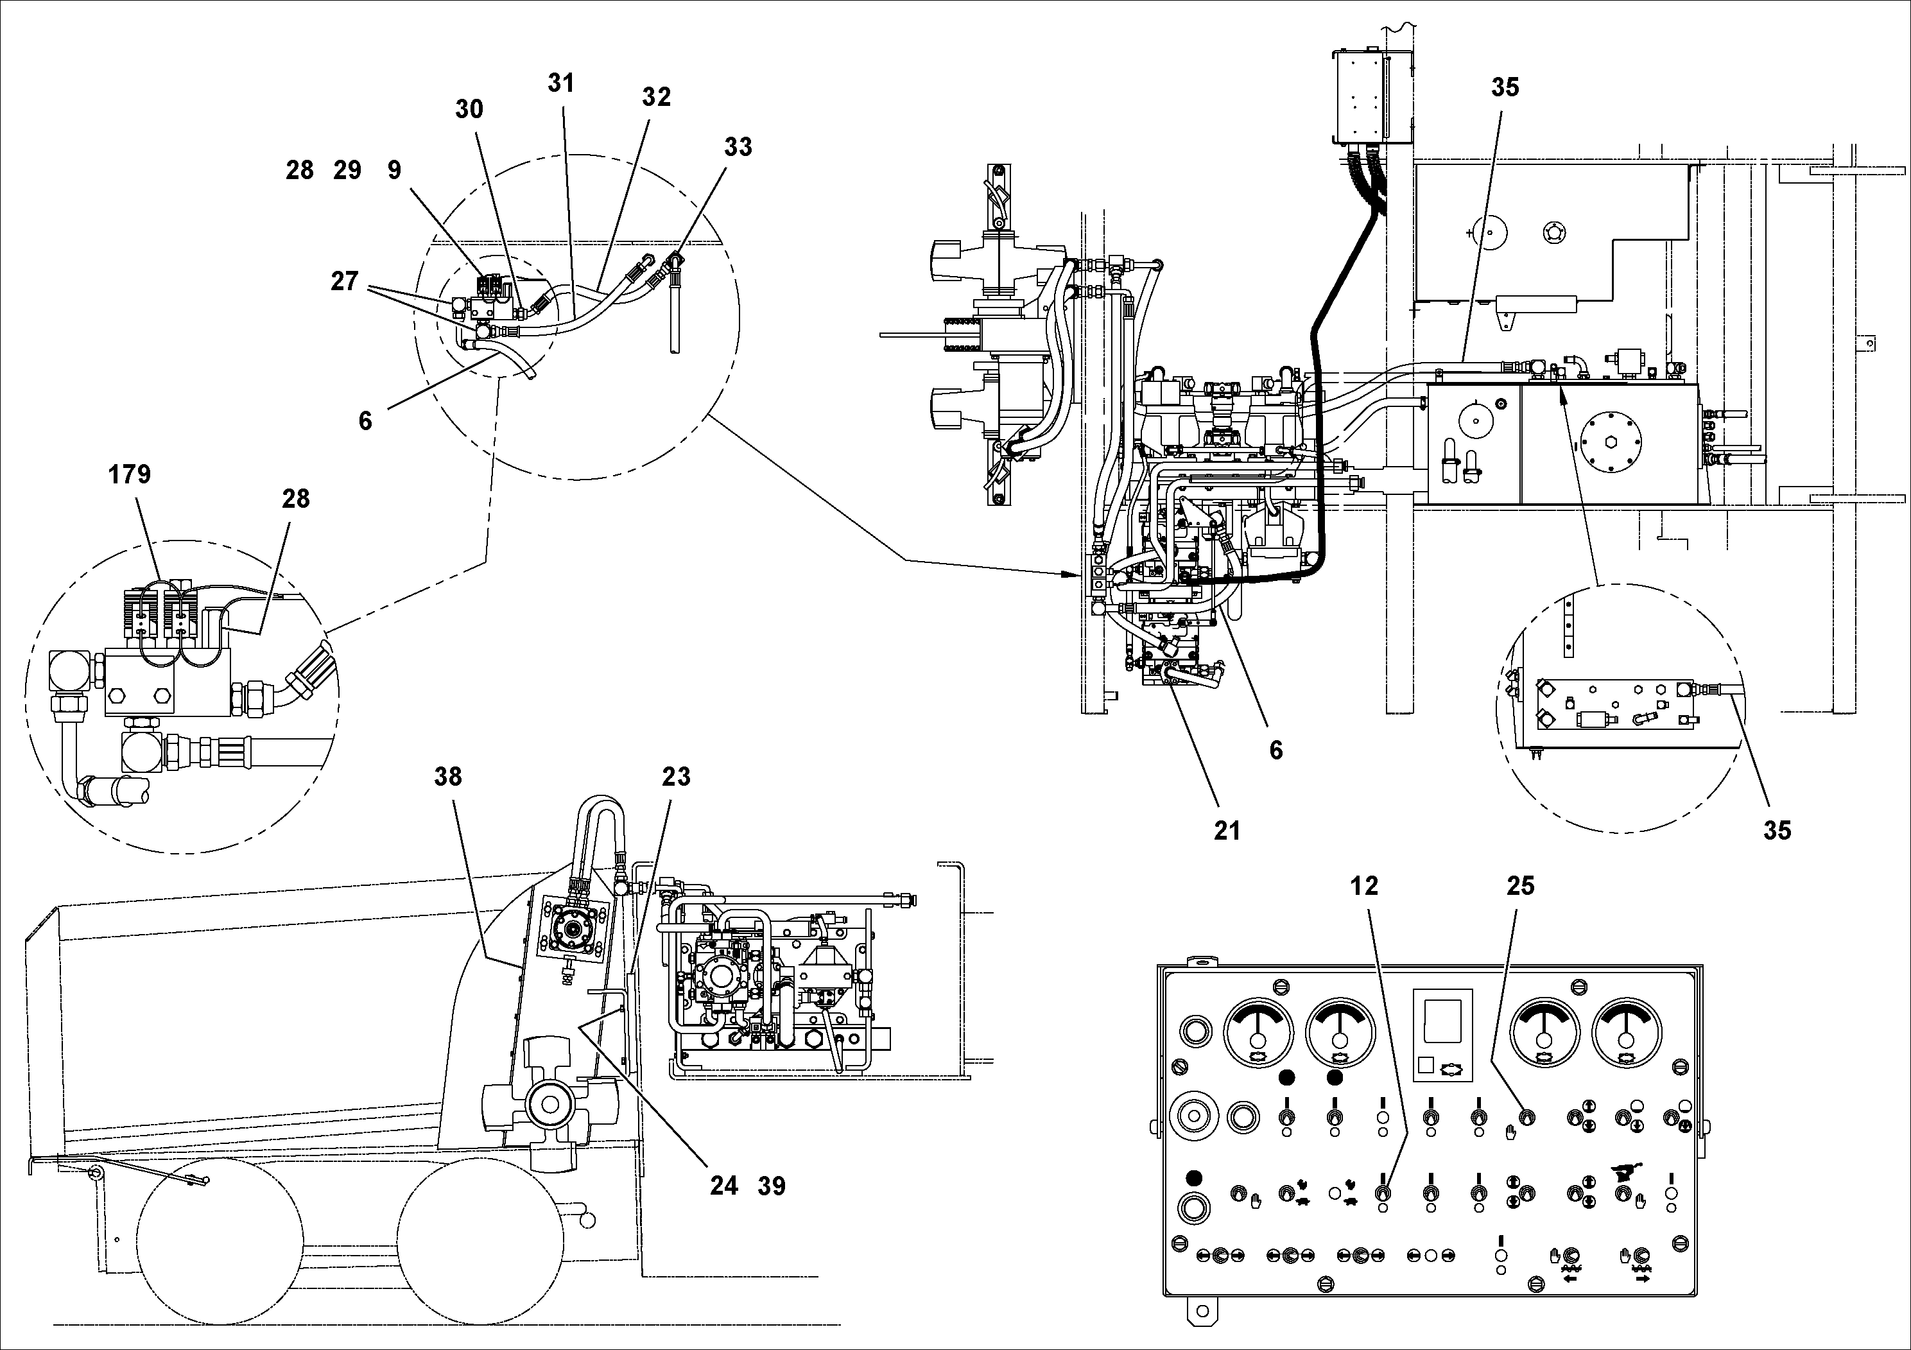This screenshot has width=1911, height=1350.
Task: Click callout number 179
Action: (129, 474)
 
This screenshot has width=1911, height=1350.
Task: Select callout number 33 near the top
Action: (738, 147)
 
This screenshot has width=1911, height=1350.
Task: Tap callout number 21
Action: (1227, 830)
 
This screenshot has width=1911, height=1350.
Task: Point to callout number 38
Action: (448, 777)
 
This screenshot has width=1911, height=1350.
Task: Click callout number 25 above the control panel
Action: (1520, 886)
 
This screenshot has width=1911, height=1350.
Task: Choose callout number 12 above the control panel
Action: (1364, 886)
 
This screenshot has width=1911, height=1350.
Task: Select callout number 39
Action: (772, 1185)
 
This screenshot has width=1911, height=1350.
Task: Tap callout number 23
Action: (676, 777)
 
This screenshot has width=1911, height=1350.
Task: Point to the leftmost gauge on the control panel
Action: (1258, 1033)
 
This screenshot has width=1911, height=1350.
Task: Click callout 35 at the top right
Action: (1505, 87)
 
